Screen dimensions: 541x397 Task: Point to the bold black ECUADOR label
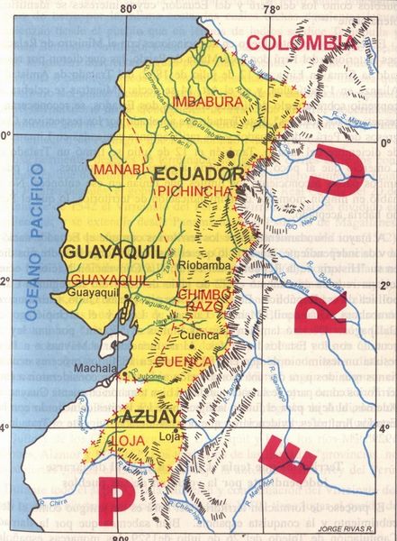199,172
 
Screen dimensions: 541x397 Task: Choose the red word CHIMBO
204,295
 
